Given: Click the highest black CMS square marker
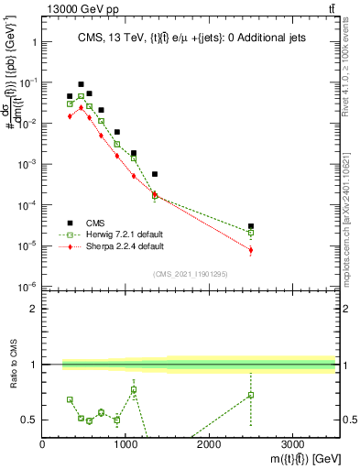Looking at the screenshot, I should pyautogui.click(x=81, y=84).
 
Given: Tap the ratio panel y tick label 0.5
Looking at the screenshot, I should pyautogui.click(x=29, y=420).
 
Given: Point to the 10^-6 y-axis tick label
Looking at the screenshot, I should pyautogui.click(x=27, y=288).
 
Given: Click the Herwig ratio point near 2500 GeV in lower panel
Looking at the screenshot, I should pyautogui.click(x=251, y=395).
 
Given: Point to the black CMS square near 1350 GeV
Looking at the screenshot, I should pyautogui.click(x=155, y=174).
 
